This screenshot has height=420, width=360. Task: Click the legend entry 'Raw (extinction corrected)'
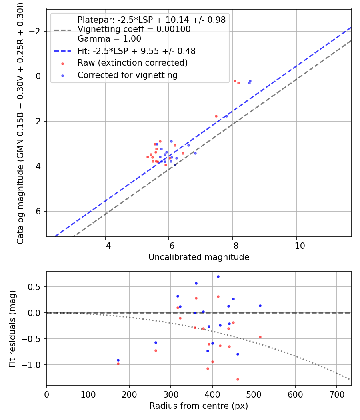132,63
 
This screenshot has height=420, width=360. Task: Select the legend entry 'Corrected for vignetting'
128,75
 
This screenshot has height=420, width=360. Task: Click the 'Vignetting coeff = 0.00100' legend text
134,29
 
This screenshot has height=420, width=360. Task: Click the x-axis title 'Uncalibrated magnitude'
199,257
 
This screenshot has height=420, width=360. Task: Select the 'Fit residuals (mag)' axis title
12,328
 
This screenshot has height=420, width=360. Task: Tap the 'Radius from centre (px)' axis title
199,406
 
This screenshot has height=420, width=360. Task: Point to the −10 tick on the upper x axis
296,245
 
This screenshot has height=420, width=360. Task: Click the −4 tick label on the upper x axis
105,245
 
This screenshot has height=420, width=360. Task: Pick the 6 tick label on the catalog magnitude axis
39,211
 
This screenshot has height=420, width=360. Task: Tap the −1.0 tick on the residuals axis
35,365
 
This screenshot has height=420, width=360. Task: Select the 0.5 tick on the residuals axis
37,287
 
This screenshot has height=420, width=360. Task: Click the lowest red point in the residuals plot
238,379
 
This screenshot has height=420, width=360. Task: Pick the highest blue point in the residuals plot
218,276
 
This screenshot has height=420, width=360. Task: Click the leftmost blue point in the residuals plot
118,360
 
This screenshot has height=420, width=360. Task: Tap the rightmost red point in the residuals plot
260,337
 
